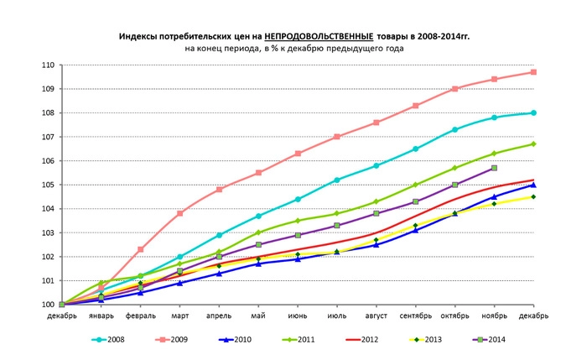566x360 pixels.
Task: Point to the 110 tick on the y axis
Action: coord(48,65)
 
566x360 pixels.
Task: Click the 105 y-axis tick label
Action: coord(48,185)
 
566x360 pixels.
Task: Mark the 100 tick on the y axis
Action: coord(48,305)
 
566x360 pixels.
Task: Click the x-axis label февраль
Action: coord(140,316)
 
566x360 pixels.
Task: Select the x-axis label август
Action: coord(376,316)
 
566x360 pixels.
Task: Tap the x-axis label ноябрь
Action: coord(495,316)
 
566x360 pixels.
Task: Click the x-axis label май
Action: coord(258,316)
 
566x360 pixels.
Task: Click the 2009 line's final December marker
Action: coord(534,72)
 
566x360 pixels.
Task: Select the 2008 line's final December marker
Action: coord(534,112)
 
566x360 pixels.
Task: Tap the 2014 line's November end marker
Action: coord(495,168)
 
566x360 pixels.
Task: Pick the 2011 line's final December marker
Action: coord(534,143)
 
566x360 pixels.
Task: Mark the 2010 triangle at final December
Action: coord(534,185)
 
